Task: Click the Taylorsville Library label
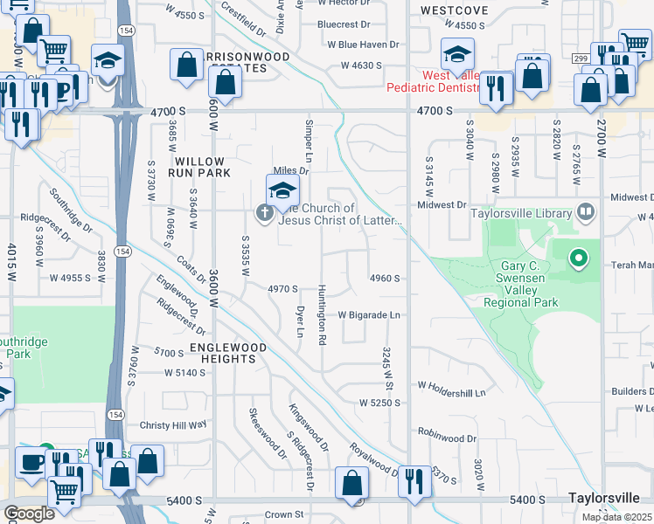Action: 521,212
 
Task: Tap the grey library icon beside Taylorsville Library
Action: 585,211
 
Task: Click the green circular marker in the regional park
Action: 577,258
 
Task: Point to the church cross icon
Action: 263,212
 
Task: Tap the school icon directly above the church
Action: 282,190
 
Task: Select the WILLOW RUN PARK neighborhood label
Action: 201,167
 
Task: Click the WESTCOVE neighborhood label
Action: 454,10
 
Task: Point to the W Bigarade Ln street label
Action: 368,314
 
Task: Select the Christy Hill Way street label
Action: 173,424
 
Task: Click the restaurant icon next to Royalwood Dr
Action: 414,480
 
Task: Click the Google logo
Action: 29,514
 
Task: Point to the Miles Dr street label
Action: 291,170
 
